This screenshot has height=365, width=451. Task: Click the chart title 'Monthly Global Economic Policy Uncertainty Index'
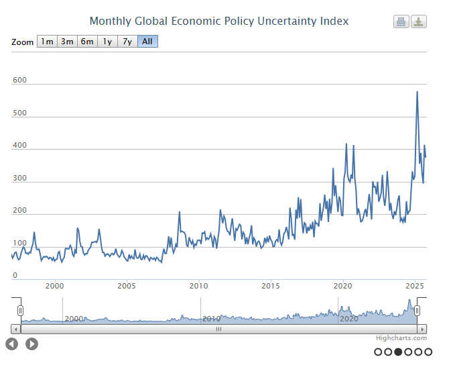(219, 21)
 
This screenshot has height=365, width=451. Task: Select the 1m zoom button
(47, 42)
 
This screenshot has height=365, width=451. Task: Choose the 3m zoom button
(67, 42)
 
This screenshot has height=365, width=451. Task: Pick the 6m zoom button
(87, 42)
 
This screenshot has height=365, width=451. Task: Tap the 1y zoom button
(107, 42)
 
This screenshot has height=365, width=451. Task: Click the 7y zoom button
(127, 42)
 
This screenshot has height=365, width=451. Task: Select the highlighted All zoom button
(147, 42)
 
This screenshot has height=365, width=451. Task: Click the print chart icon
(401, 21)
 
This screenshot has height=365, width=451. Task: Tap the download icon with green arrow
(419, 21)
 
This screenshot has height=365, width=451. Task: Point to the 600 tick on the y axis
(19, 81)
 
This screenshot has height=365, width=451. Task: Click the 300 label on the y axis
(19, 178)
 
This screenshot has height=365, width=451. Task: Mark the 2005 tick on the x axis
(127, 286)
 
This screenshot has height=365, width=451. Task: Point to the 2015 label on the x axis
(271, 286)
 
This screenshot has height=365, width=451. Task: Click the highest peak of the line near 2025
(417, 92)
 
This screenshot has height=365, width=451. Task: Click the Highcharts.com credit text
(401, 339)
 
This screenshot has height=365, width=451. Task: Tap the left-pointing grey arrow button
(12, 344)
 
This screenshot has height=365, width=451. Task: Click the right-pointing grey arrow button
(31, 344)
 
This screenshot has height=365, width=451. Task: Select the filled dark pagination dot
(399, 351)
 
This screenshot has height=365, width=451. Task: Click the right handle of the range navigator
(417, 310)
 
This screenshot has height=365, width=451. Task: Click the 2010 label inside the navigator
(212, 319)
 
